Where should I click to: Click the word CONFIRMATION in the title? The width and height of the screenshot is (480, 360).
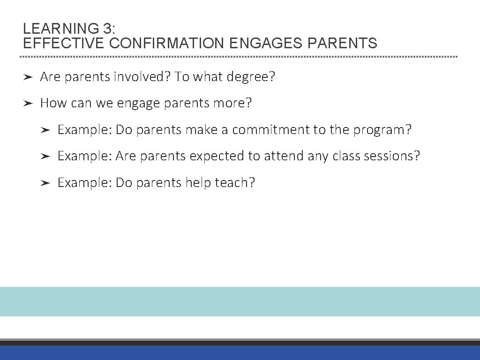pos(167,44)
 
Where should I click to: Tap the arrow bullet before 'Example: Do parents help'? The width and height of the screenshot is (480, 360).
pos(45,183)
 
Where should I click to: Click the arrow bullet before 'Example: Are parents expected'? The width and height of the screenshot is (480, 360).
pos(45,156)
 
